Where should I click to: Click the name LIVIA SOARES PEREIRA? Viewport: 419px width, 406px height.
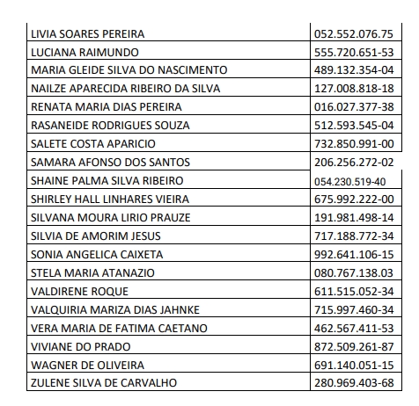(x=87, y=34)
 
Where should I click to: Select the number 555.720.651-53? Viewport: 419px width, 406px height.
(x=353, y=53)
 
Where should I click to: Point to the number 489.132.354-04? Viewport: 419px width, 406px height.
(x=353, y=70)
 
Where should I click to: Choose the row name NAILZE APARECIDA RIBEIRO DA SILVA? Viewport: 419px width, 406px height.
(x=125, y=89)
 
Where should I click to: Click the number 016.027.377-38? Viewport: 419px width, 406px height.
(x=353, y=107)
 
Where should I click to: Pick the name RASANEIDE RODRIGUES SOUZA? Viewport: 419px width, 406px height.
(x=110, y=126)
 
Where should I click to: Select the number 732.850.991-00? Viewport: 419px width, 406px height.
(x=353, y=144)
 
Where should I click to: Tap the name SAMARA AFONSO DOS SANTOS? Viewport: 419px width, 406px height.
(x=110, y=163)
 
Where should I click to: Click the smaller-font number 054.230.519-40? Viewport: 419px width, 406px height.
(x=349, y=181)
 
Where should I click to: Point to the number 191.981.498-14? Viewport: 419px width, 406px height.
(x=353, y=217)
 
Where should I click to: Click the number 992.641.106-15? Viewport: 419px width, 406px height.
(x=353, y=254)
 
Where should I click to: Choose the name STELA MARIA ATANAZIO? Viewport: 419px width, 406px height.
(x=92, y=272)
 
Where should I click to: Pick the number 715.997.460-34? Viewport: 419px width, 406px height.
(x=353, y=308)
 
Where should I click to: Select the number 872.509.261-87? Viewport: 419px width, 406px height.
(x=353, y=345)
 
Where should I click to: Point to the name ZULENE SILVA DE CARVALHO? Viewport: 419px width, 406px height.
(x=105, y=382)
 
